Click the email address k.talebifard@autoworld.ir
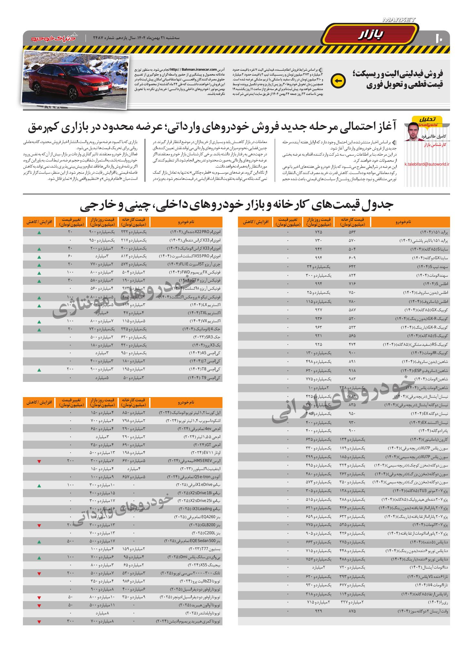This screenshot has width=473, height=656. pos(427,164)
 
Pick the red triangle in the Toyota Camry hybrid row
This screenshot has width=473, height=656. pos(39,621)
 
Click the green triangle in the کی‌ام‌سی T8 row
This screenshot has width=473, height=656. pos(39,369)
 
